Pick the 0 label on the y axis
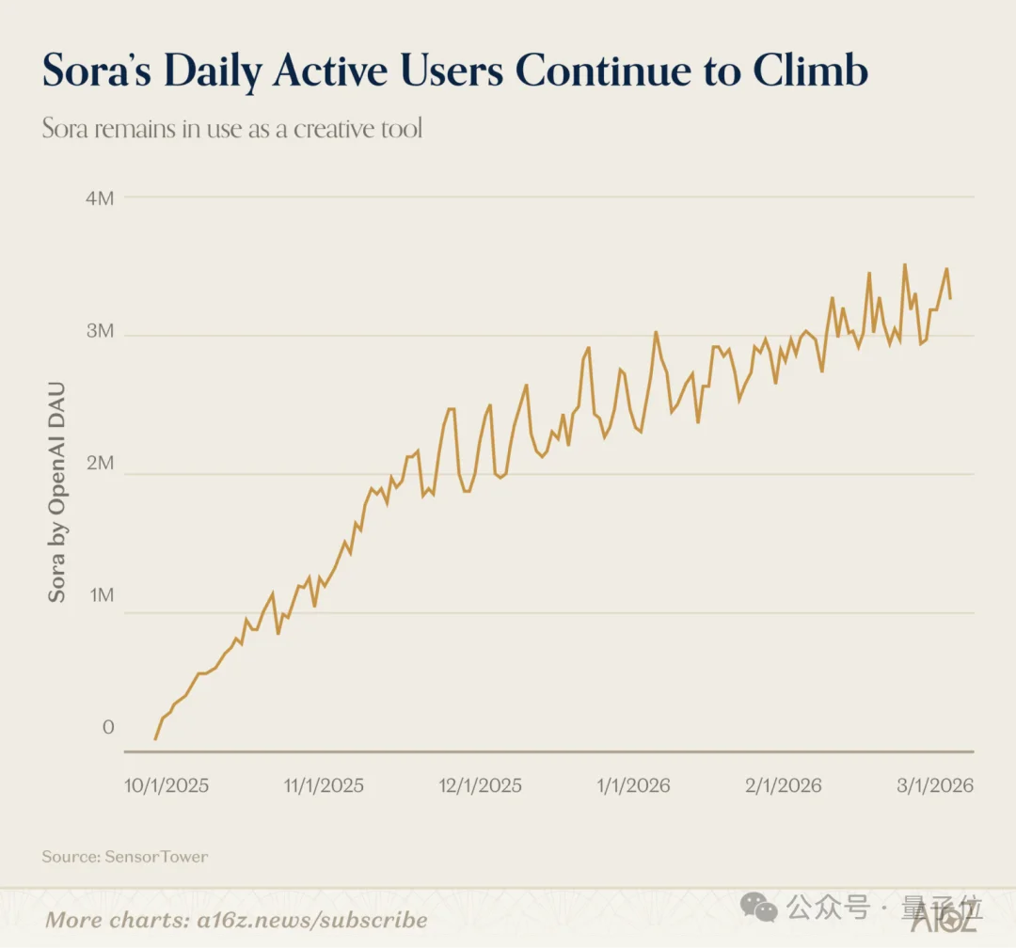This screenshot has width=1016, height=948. point(108,727)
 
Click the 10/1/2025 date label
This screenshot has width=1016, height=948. point(167,785)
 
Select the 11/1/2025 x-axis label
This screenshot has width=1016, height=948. point(323,785)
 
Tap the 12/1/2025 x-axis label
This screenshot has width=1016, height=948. point(481,785)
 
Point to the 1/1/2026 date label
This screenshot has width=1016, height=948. point(634,785)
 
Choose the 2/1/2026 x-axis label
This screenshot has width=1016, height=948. point(784,785)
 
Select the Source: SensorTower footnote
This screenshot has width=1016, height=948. point(124,857)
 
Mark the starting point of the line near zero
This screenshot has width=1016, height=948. point(155,739)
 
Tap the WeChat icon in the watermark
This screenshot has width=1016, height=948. point(759,907)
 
